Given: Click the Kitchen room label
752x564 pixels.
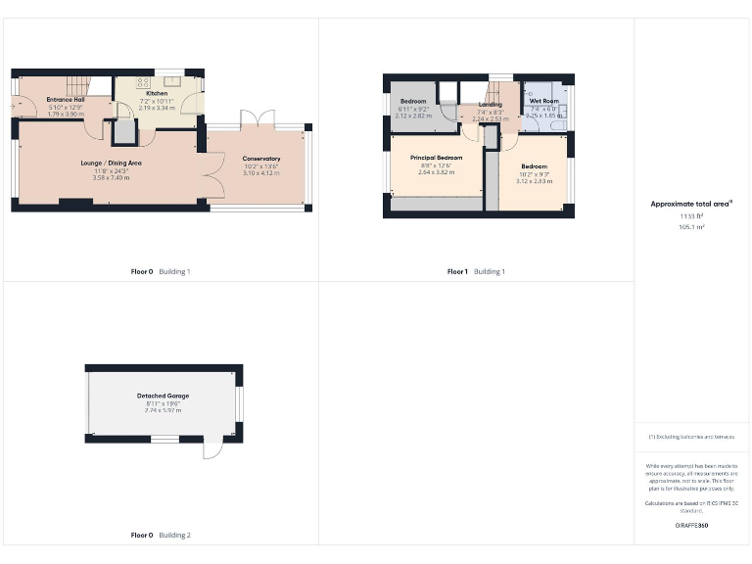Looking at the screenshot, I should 157,93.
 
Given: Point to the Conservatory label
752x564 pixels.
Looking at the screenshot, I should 261,159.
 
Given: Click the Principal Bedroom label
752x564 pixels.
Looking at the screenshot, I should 436,158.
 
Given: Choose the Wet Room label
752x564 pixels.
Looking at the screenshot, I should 543,101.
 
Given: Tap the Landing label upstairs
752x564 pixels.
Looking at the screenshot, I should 491,105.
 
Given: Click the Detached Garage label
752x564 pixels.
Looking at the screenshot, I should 163,397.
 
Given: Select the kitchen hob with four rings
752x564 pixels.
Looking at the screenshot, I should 143,82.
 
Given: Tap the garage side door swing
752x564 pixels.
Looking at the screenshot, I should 212,450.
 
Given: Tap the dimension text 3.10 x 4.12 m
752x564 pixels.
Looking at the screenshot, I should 261,173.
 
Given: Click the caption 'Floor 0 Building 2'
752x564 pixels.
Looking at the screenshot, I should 161,536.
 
